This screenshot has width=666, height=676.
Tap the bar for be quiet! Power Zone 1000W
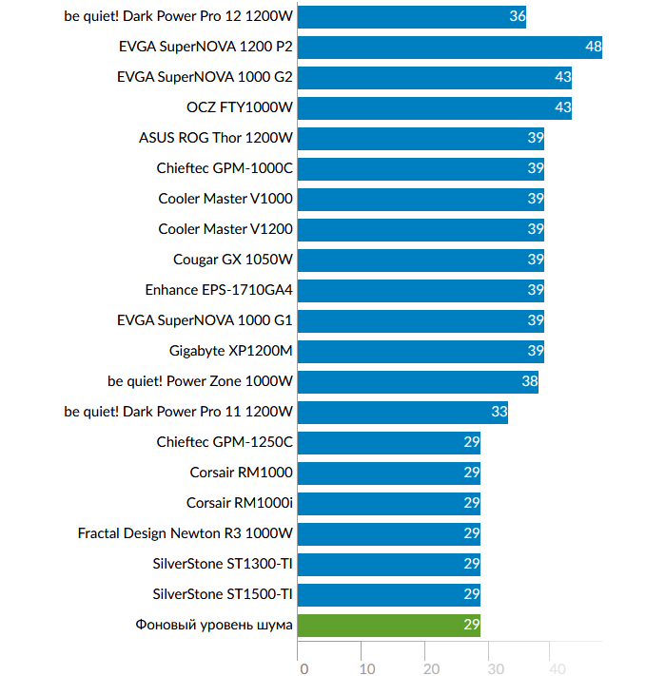tap(418, 381)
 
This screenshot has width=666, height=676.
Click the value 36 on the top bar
tap(518, 16)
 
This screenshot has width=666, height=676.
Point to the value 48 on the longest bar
tap(594, 47)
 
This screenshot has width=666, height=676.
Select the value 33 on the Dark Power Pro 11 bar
tap(499, 412)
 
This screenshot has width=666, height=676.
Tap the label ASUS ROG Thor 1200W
tap(216, 138)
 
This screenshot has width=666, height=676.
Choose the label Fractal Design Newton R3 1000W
tap(186, 533)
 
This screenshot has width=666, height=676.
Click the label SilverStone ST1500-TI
tap(223, 594)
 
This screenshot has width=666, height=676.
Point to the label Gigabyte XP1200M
tap(231, 351)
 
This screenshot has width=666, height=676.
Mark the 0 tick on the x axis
tap(304, 668)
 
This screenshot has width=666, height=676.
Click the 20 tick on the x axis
tap(431, 668)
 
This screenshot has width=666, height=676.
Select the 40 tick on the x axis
tap(558, 668)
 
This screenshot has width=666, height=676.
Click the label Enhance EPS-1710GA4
tap(219, 290)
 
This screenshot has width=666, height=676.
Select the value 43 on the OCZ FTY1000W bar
tap(562, 107)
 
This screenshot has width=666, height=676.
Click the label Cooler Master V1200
tap(225, 229)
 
